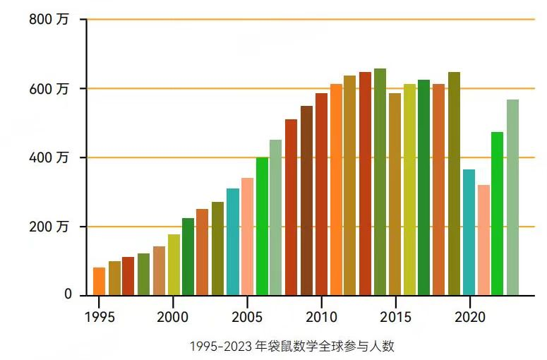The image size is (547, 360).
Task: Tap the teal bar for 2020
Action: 469,232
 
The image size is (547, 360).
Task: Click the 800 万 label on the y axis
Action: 49,20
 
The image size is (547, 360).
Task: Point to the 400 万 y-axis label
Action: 49,157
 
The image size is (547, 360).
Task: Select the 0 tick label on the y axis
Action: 68,294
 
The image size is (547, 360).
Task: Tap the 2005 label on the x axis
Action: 247,317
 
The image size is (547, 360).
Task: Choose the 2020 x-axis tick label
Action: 469,317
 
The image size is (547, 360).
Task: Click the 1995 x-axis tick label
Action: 98,317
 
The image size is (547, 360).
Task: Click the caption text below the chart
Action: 296,347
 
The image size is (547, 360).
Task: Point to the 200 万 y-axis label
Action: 49,227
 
